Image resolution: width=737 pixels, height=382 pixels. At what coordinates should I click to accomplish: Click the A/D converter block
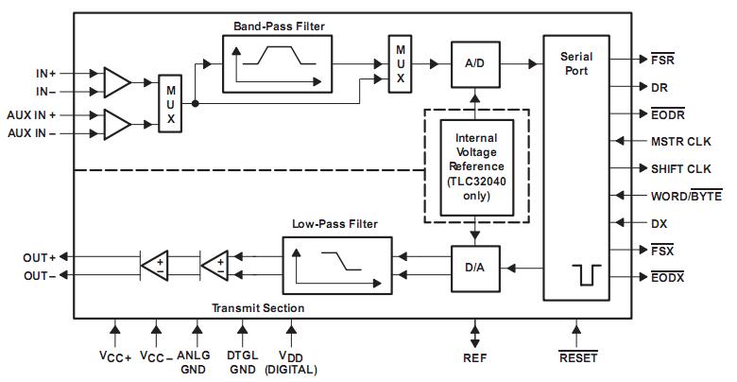pos(475,64)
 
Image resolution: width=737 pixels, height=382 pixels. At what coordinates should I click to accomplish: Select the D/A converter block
pos(475,269)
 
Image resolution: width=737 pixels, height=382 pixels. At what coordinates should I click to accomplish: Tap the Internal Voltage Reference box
pos(476,167)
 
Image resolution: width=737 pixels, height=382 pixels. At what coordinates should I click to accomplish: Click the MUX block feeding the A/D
pos(400,64)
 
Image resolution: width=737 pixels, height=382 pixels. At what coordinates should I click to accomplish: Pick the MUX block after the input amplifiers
pos(170,103)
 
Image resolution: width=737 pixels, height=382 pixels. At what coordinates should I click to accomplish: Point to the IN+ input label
pos(46,74)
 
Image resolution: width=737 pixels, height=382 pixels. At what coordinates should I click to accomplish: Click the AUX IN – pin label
pos(32,133)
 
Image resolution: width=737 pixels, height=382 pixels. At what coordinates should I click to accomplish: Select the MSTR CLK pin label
pos(681,142)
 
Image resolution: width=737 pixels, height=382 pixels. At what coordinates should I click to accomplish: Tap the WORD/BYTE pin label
pos(686,196)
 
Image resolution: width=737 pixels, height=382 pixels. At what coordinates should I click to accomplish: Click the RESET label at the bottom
pos(578,357)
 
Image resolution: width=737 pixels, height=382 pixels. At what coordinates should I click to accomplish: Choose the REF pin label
pos(475,358)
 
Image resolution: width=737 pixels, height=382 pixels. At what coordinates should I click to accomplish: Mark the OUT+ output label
pos(40,258)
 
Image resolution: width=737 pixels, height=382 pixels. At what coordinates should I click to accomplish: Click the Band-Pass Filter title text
pos(279,26)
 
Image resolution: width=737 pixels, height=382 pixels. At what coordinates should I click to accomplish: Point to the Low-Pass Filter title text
pos(335,224)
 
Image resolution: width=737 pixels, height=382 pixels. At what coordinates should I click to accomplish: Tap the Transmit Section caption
pos(258,308)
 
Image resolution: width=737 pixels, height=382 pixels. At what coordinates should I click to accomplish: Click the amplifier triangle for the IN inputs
pos(116,83)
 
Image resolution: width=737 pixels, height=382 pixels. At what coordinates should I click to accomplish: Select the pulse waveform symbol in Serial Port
pos(587,275)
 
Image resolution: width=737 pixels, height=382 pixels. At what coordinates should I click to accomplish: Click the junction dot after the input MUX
pos(195,103)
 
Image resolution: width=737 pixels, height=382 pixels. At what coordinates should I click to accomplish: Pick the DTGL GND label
pos(243,362)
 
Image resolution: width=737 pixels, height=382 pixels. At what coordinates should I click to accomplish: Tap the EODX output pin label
pos(668,277)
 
